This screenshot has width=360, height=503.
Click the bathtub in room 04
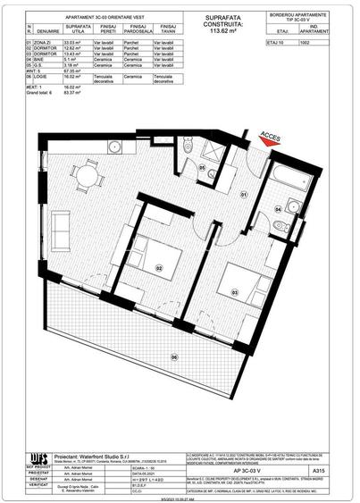pyautogui.click(x=282, y=178)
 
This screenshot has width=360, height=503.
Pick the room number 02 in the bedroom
pyautogui.click(x=158, y=267)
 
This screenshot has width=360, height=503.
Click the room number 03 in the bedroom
pyautogui.click(x=235, y=291)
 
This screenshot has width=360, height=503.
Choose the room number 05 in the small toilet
pyautogui.click(x=202, y=167)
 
